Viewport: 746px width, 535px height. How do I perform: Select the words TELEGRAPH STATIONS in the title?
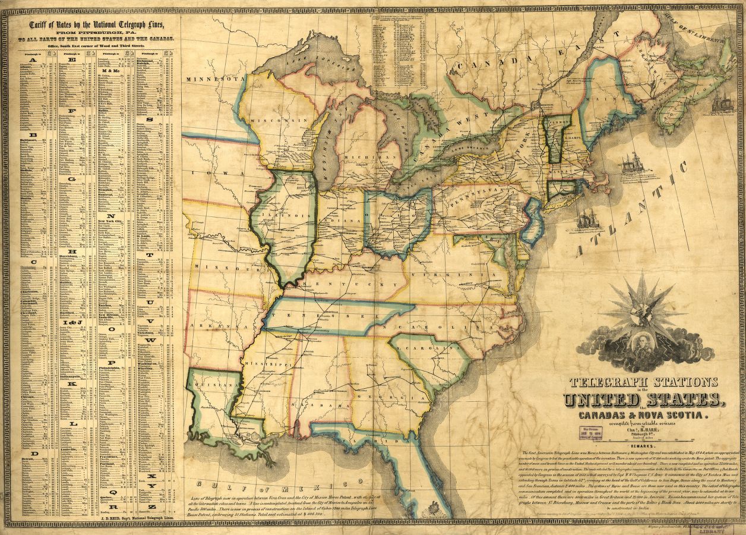click(x=643, y=382)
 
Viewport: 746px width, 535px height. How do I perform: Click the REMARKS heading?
click(x=643, y=445)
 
